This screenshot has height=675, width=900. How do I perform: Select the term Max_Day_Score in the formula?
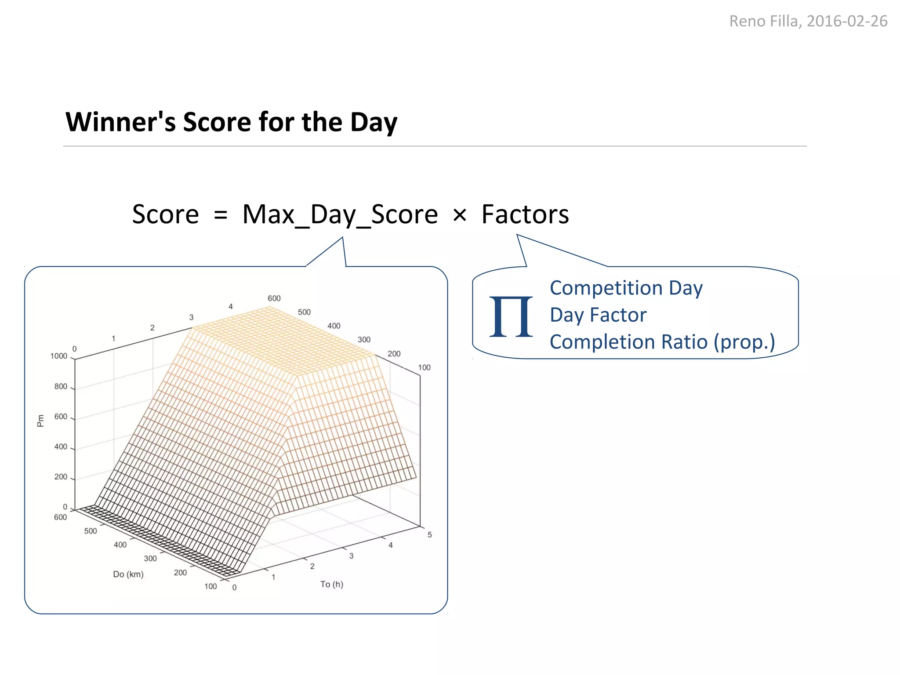click(x=340, y=215)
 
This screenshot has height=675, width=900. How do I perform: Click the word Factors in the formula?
click(x=525, y=214)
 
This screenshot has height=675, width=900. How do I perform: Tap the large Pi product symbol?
click(x=511, y=316)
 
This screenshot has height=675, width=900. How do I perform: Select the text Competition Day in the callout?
click(x=626, y=288)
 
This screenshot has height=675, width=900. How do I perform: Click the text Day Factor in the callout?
click(x=598, y=315)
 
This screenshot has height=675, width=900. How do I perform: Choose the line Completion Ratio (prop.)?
click(x=662, y=342)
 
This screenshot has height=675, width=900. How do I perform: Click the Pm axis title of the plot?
click(x=41, y=421)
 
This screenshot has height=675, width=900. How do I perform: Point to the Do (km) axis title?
click(x=128, y=574)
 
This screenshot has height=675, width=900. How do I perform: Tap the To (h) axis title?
click(x=331, y=584)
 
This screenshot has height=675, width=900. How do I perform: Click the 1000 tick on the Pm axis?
click(x=59, y=356)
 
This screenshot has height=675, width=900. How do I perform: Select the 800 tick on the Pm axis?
click(x=61, y=386)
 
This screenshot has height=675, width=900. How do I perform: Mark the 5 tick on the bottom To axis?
click(x=429, y=535)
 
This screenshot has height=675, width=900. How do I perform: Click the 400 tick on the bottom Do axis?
click(x=120, y=544)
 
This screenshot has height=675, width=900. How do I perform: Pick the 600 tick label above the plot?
click(x=274, y=298)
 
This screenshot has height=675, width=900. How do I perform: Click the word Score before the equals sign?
click(x=165, y=214)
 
